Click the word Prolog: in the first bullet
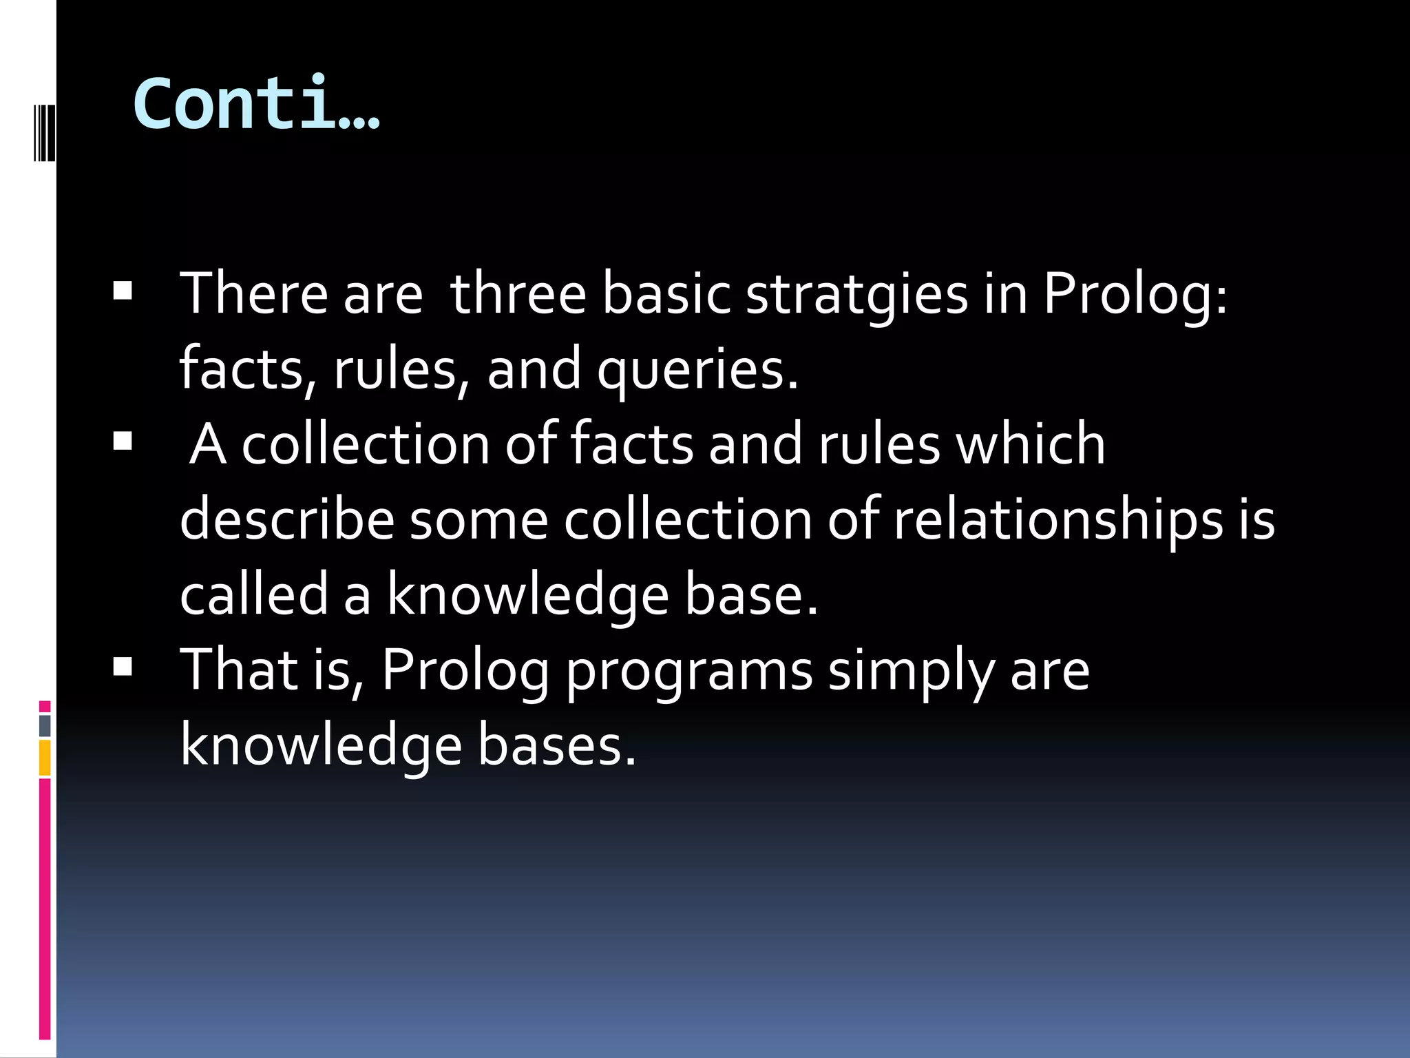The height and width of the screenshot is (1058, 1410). click(x=1135, y=295)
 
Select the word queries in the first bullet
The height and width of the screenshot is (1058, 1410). click(x=697, y=370)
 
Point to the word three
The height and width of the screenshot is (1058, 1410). click(x=518, y=293)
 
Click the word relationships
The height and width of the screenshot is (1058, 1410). click(x=1057, y=520)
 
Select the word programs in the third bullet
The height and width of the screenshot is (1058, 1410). click(x=689, y=671)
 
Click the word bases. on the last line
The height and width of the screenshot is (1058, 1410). click(x=556, y=746)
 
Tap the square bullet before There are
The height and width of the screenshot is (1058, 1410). click(x=123, y=291)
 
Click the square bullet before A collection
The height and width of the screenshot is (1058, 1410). click(x=123, y=441)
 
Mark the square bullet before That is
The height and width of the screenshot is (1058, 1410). click(x=123, y=667)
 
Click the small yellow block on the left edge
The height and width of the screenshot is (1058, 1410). click(x=45, y=758)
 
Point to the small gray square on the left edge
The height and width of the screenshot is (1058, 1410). click(x=45, y=725)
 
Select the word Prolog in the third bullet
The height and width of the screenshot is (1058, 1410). click(x=465, y=671)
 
